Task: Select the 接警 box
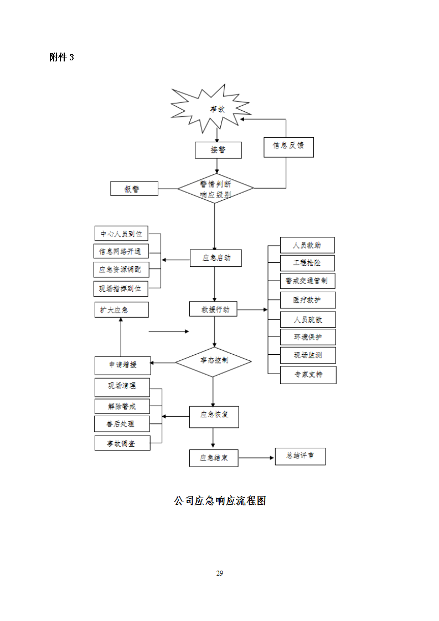[218, 150]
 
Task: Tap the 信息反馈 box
[288, 146]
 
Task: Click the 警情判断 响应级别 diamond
[215, 189]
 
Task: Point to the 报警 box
[135, 189]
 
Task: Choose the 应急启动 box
[216, 258]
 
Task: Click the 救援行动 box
[213, 309]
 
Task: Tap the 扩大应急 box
[121, 309]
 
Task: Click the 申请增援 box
[122, 365]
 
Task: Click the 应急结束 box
[214, 458]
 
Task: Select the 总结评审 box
[300, 456]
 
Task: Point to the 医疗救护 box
[307, 300]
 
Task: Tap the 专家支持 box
[308, 375]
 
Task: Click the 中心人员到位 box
[121, 234]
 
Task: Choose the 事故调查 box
[122, 443]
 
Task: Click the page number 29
[219, 573]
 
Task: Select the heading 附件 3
[61, 58]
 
